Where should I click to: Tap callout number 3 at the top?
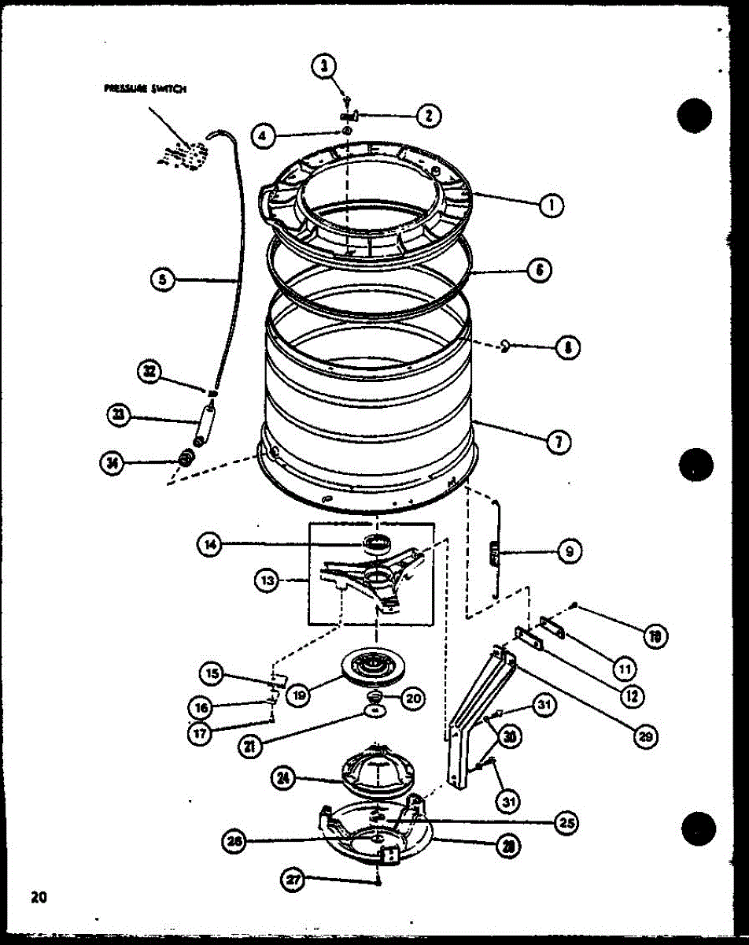tap(323, 67)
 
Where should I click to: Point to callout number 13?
tap(267, 580)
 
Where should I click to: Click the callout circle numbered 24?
tap(283, 779)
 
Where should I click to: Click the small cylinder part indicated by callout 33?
tap(205, 423)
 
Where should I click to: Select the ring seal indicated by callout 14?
tap(377, 543)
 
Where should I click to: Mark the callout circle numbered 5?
tap(163, 280)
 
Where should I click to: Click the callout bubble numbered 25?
tap(565, 824)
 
